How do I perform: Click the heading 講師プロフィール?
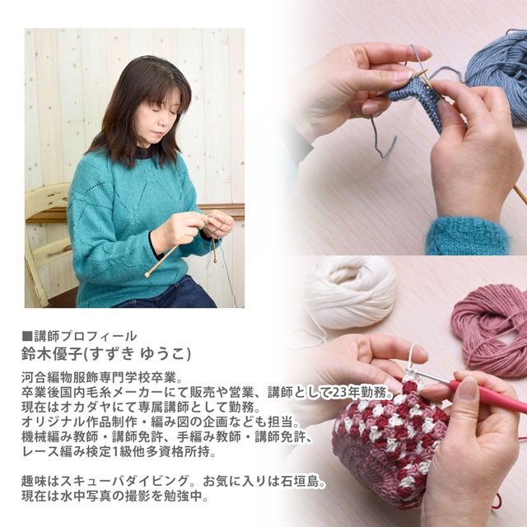(x=86, y=336)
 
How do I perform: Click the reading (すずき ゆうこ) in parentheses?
(x=137, y=353)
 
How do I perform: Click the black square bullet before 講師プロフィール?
(x=27, y=336)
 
